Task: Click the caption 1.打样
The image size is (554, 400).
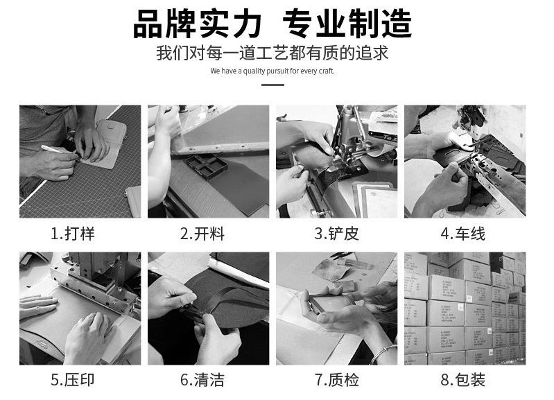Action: pyautogui.click(x=73, y=234)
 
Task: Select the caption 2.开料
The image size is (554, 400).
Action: pyautogui.click(x=202, y=234)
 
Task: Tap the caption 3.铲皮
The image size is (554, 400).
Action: pyautogui.click(x=337, y=234)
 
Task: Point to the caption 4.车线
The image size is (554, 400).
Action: pyautogui.click(x=463, y=234)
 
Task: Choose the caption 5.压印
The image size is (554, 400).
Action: pyautogui.click(x=73, y=380)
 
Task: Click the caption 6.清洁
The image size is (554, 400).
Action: pyautogui.click(x=202, y=380)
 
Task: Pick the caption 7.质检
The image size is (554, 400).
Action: pyautogui.click(x=337, y=380)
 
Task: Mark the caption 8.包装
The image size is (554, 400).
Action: pyautogui.click(x=463, y=380)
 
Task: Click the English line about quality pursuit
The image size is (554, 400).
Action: pyautogui.click(x=272, y=71)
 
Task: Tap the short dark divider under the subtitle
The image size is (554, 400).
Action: pyautogui.click(x=272, y=85)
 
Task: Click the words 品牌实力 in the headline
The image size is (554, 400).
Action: pyautogui.click(x=197, y=24)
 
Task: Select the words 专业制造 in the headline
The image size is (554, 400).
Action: pyautogui.click(x=347, y=24)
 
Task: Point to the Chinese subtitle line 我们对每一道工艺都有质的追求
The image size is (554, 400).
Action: pyautogui.click(x=272, y=53)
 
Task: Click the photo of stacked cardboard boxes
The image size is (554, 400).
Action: pyautogui.click(x=465, y=308)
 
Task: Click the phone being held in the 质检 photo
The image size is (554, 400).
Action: pyautogui.click(x=330, y=302)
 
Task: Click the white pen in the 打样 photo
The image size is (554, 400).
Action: pyautogui.click(x=53, y=150)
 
